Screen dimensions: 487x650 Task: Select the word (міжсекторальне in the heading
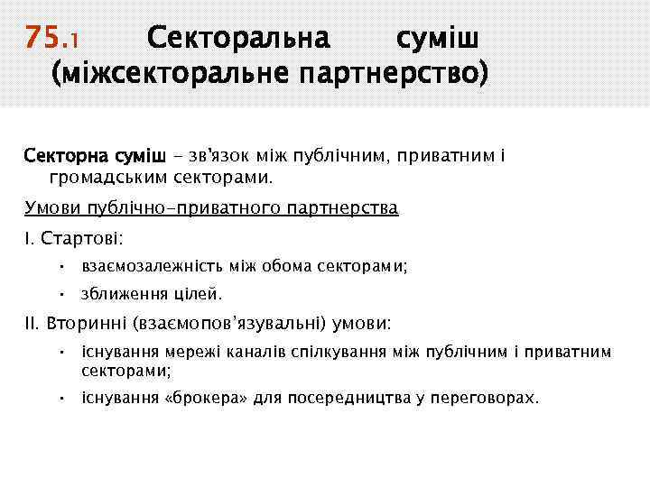pos(171,75)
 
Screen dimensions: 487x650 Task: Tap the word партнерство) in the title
pos(395,75)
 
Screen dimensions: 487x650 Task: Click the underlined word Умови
pos(52,208)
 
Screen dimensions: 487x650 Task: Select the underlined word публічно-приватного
pos(181,208)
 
